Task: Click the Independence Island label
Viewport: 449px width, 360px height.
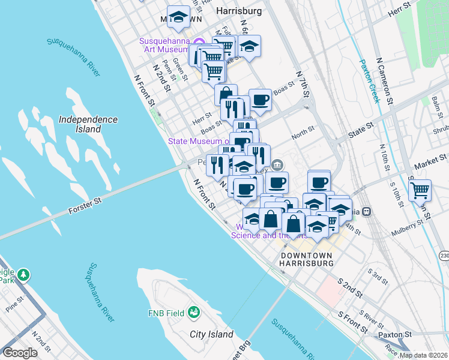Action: pos(88,124)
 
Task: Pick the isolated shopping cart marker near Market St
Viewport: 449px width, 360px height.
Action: pos(420,191)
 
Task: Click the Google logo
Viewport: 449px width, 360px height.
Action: pos(20,353)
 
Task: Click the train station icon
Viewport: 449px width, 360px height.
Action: pos(366,211)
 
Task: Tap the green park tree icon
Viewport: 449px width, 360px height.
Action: pos(24,274)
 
